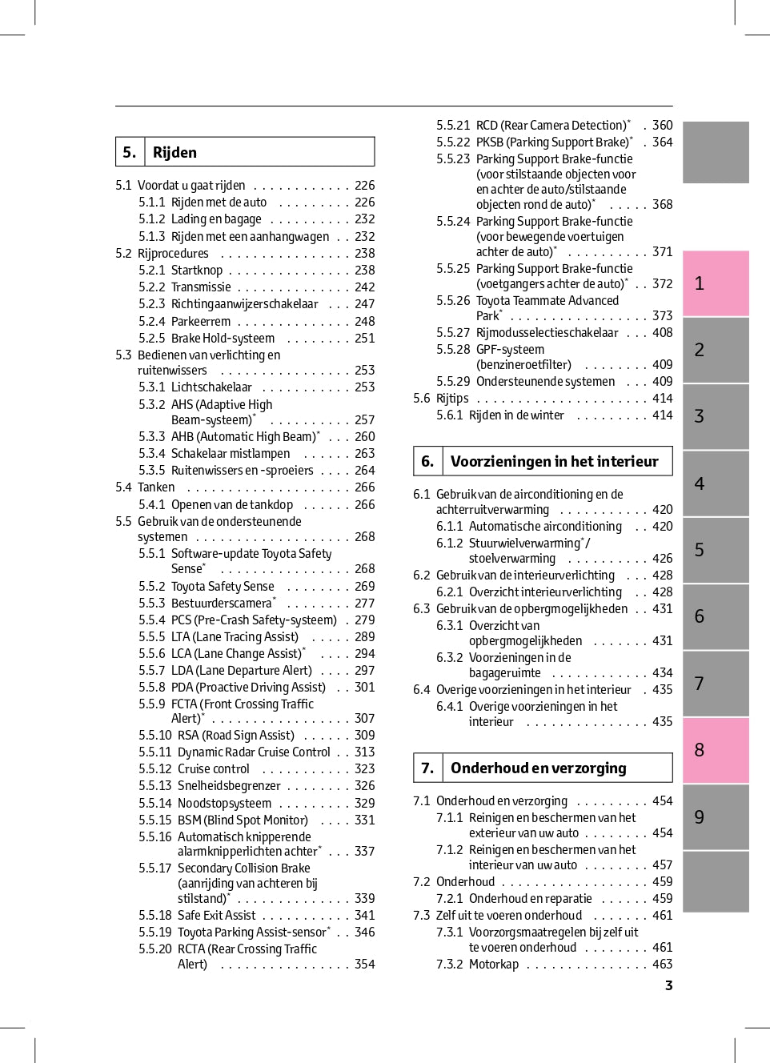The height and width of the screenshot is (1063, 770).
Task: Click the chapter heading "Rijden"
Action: [174, 152]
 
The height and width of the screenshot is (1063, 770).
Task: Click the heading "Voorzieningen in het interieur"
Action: [554, 461]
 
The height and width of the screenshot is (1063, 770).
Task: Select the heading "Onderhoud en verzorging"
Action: [538, 768]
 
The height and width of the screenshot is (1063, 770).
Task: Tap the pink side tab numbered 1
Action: [716, 283]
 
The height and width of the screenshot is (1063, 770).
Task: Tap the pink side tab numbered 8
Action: [716, 750]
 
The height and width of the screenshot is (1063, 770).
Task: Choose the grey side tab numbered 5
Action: [716, 550]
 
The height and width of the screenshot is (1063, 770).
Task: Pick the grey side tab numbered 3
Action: [716, 416]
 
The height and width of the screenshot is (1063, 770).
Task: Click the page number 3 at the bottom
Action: [668, 985]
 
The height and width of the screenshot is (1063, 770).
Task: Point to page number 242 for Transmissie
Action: [365, 287]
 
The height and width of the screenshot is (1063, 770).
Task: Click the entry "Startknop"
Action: [197, 270]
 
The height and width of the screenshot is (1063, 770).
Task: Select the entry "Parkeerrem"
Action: [201, 321]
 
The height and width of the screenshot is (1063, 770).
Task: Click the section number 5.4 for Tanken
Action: [123, 487]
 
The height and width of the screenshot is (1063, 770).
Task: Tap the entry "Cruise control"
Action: [213, 768]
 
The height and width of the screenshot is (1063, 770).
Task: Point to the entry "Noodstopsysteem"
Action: [224, 803]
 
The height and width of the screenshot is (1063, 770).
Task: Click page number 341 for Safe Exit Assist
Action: [365, 915]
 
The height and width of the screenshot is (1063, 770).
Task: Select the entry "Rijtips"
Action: [452, 398]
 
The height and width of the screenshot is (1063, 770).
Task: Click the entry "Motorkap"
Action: [494, 964]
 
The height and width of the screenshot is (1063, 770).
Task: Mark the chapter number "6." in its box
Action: [427, 461]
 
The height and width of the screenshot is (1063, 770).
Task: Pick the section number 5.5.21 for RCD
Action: [453, 125]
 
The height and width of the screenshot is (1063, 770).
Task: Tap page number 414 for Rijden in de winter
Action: [663, 415]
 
